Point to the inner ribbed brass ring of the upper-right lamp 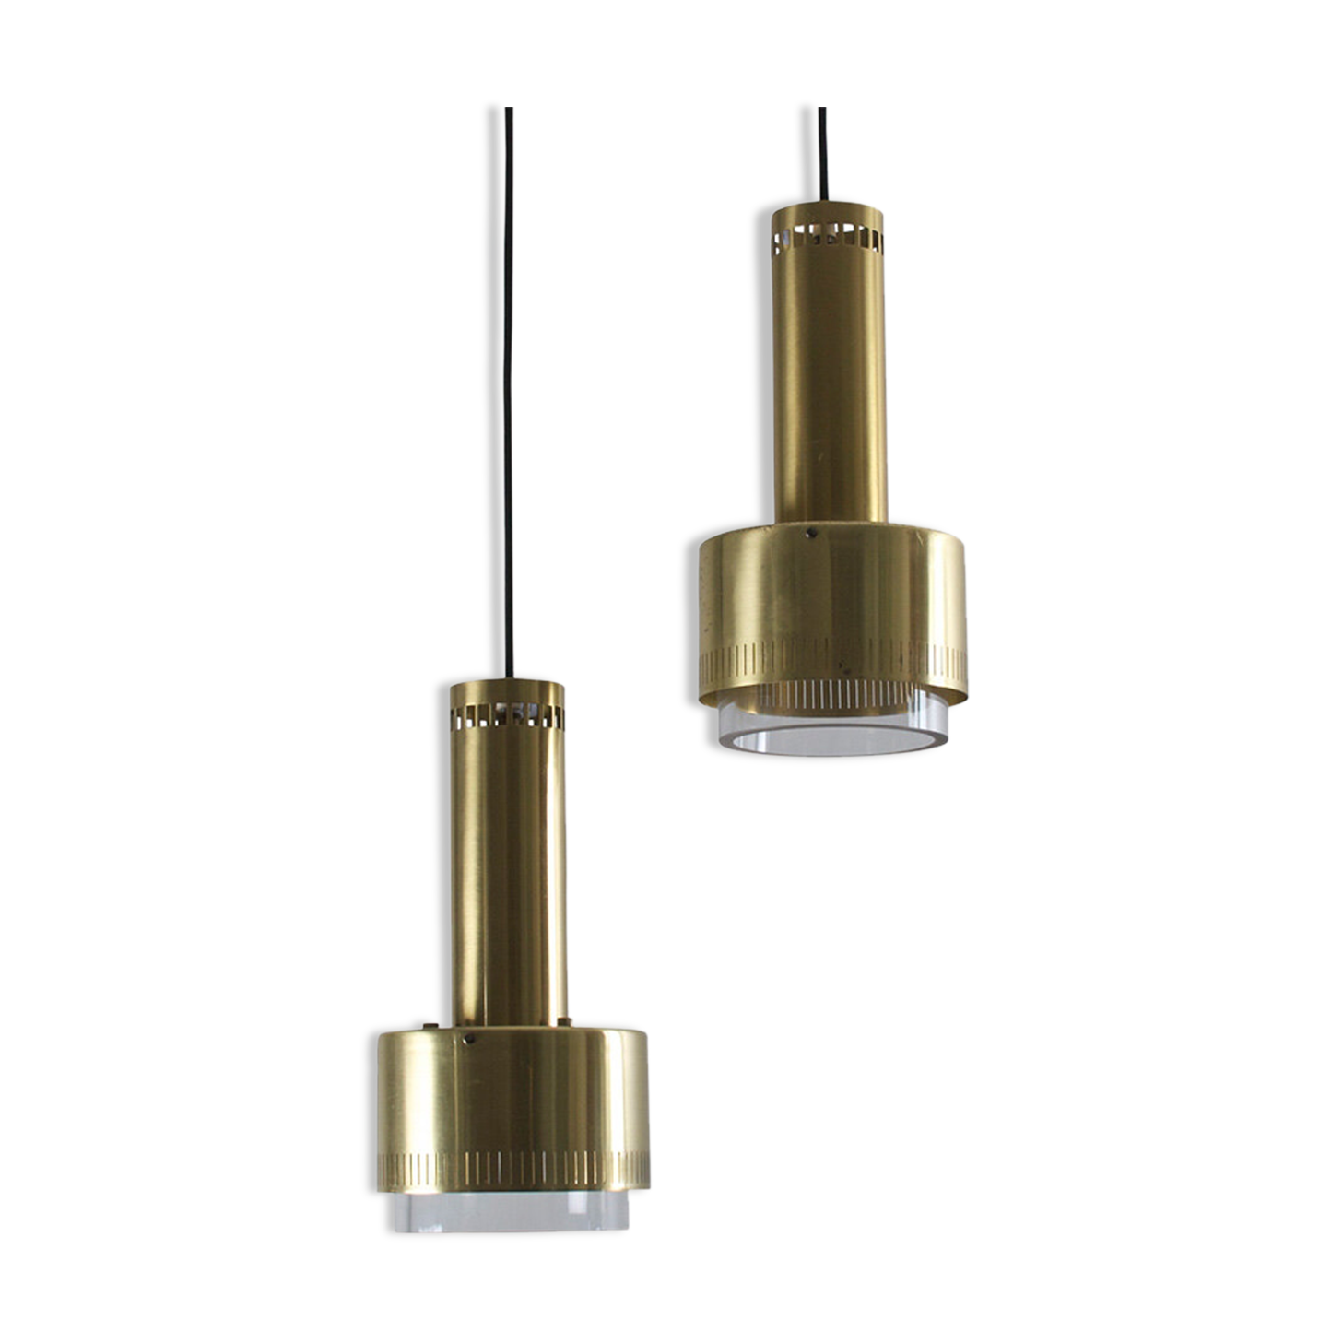(830, 694)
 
